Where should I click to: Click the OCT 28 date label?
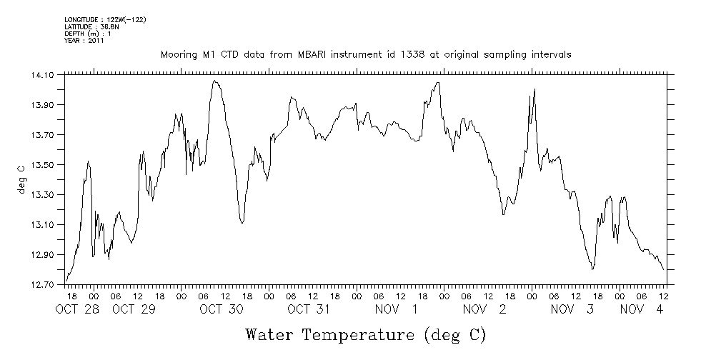coord(77,309)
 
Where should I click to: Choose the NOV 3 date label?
coord(570,309)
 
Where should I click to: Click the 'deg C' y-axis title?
coord(21,179)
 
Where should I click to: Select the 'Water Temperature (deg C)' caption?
coord(367,334)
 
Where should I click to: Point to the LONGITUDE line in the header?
coord(105,19)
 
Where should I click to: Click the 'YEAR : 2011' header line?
coord(84,41)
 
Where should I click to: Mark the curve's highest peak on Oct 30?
coord(214,81)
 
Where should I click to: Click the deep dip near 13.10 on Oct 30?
coord(242,223)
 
